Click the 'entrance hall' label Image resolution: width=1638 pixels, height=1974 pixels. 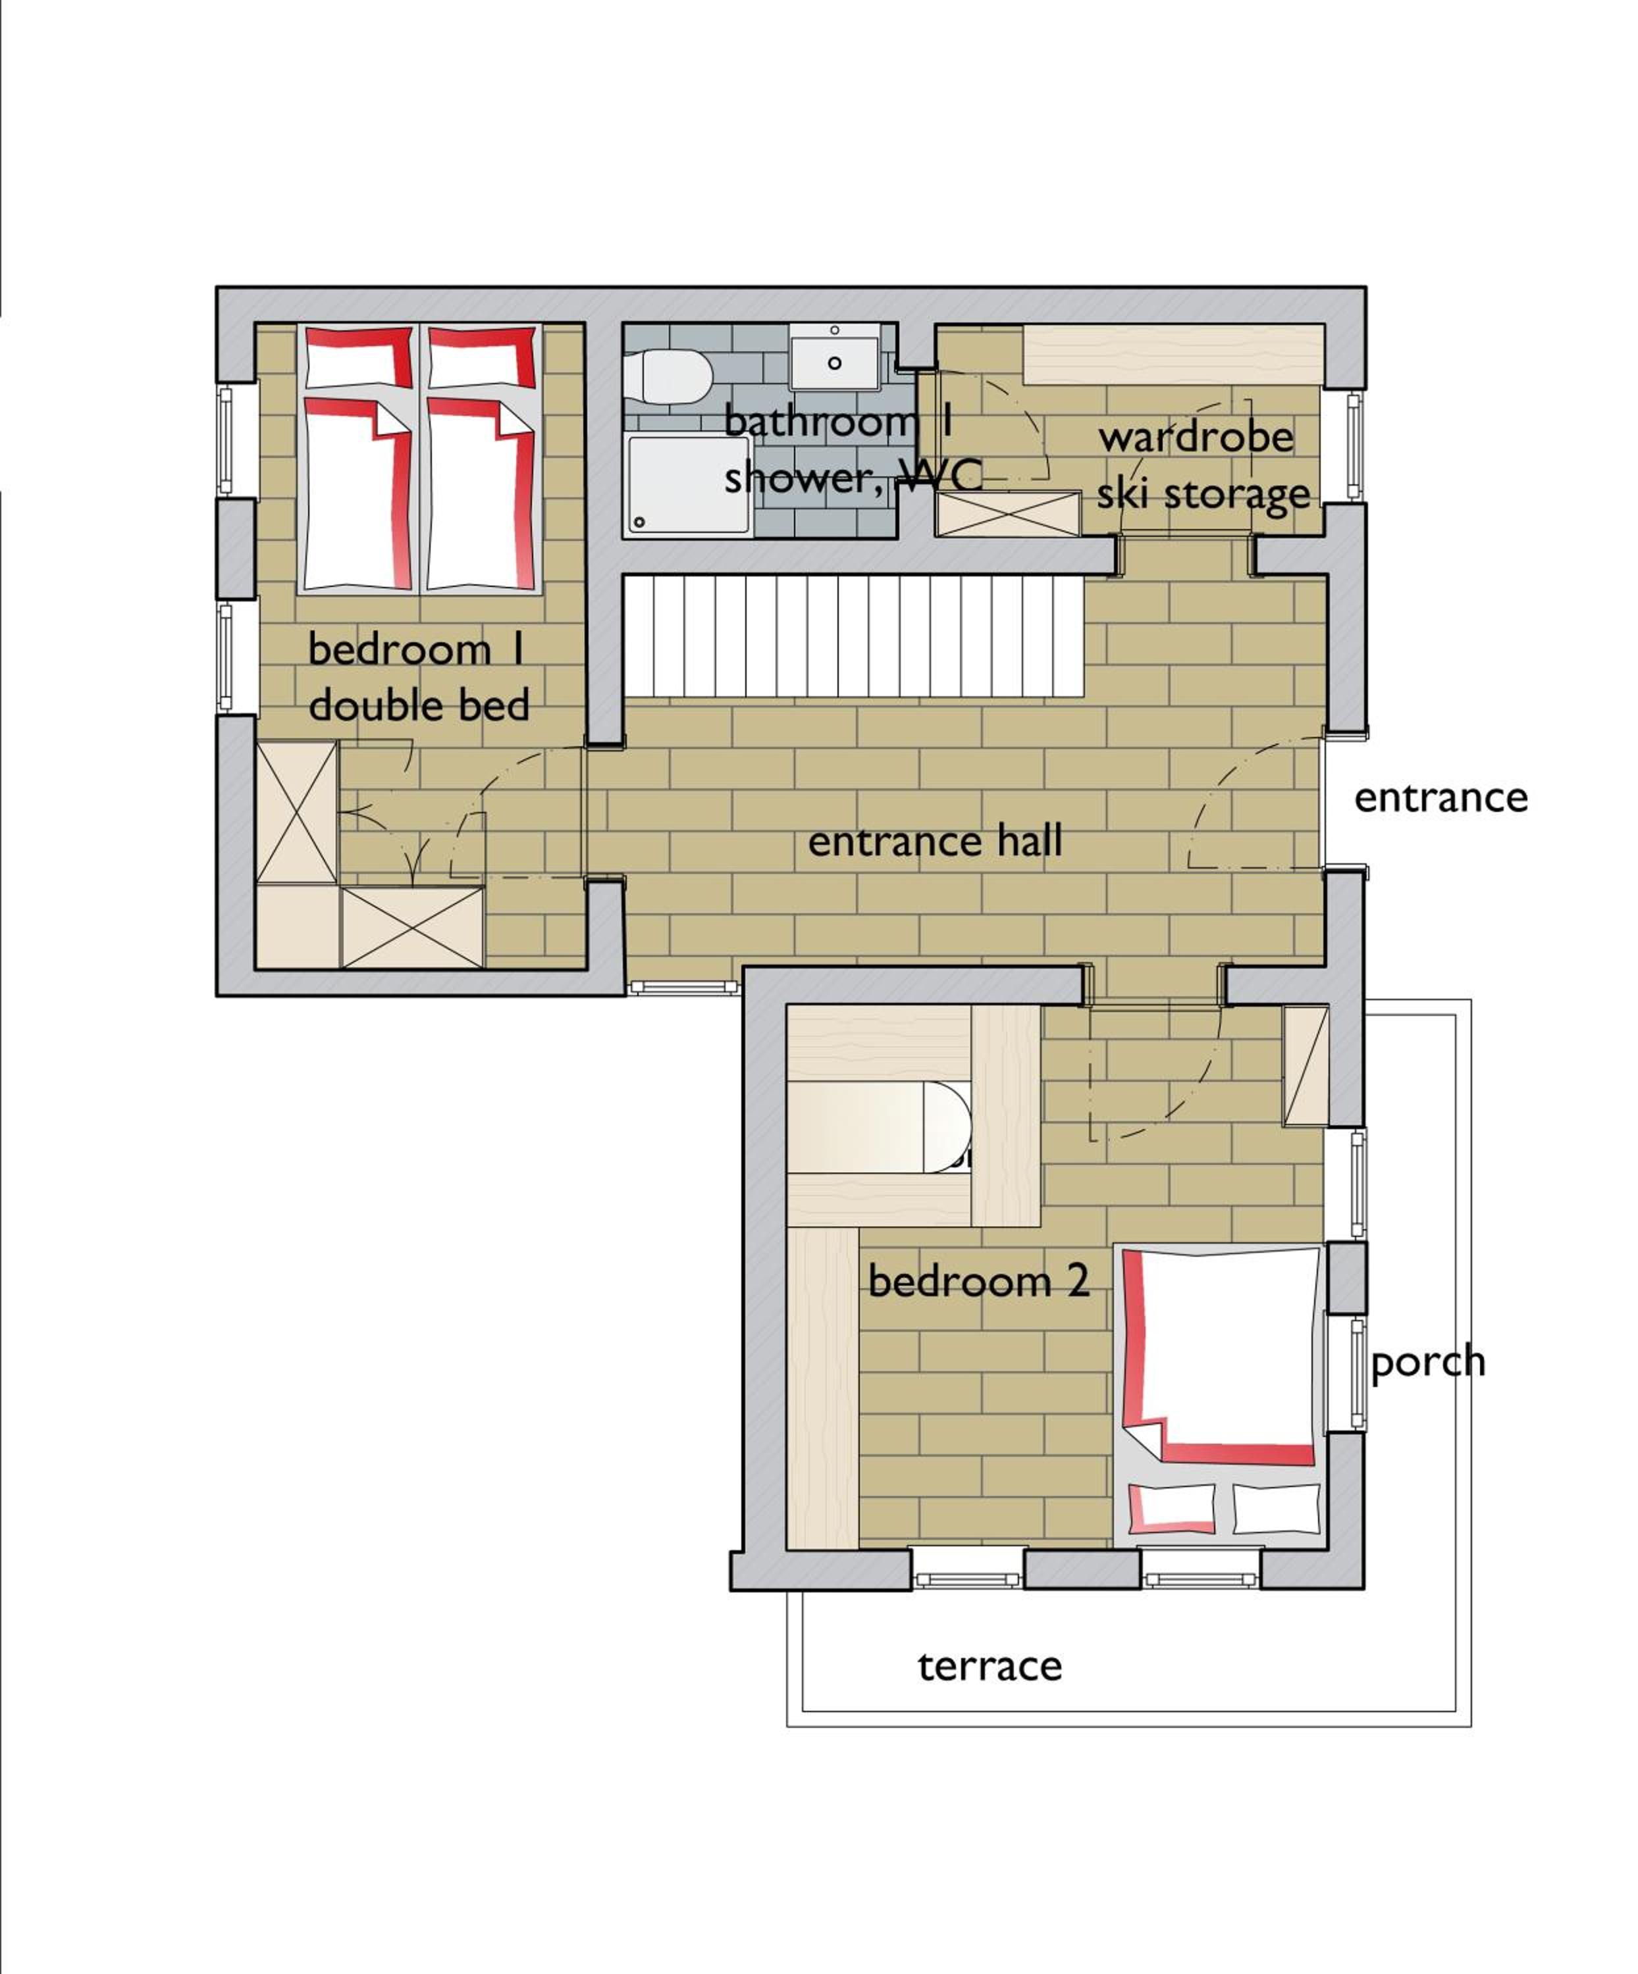(935, 842)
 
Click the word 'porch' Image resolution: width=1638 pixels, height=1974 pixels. (1427, 1362)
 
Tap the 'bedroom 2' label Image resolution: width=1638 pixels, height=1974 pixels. (978, 1280)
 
